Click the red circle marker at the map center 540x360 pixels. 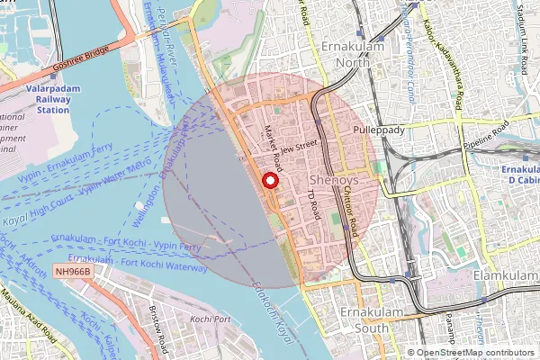(x=268, y=181)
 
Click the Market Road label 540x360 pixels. (x=274, y=148)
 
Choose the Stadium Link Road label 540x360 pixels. (x=521, y=40)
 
